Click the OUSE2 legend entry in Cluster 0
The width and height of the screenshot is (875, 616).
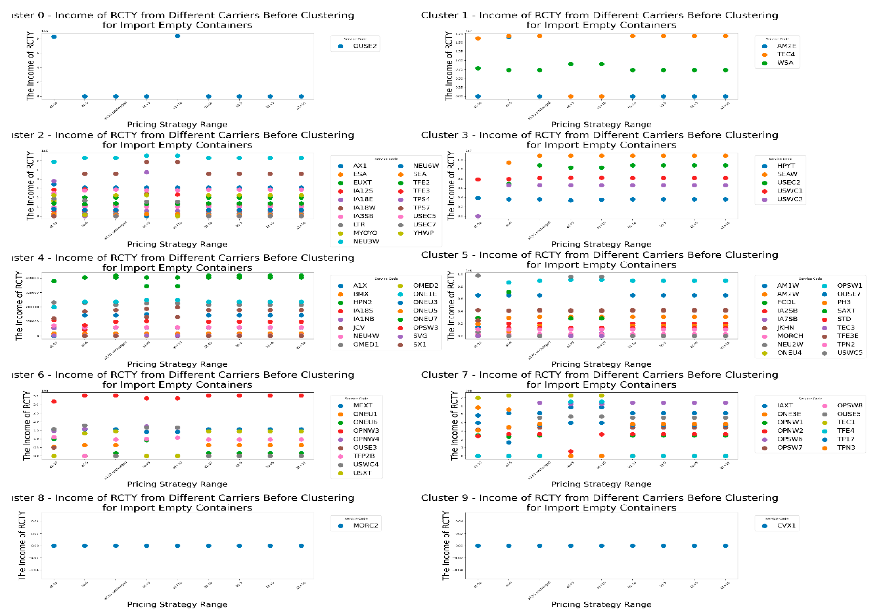(364, 46)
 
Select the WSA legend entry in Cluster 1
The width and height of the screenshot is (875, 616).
(785, 62)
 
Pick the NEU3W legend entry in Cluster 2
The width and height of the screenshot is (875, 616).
(365, 241)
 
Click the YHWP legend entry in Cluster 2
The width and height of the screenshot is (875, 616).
(423, 233)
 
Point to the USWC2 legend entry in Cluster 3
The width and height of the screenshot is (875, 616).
(789, 199)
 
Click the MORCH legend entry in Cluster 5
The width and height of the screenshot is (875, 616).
(790, 336)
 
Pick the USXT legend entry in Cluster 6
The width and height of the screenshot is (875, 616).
(362, 472)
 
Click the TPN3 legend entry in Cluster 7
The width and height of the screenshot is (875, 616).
(846, 447)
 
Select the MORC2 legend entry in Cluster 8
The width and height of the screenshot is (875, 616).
(365, 525)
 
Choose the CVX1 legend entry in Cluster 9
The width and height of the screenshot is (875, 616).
(786, 525)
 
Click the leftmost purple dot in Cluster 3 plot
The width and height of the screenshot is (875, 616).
(478, 216)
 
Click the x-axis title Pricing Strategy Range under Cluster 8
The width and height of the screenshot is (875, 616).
(177, 604)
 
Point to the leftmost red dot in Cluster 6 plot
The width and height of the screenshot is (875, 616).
(54, 401)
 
